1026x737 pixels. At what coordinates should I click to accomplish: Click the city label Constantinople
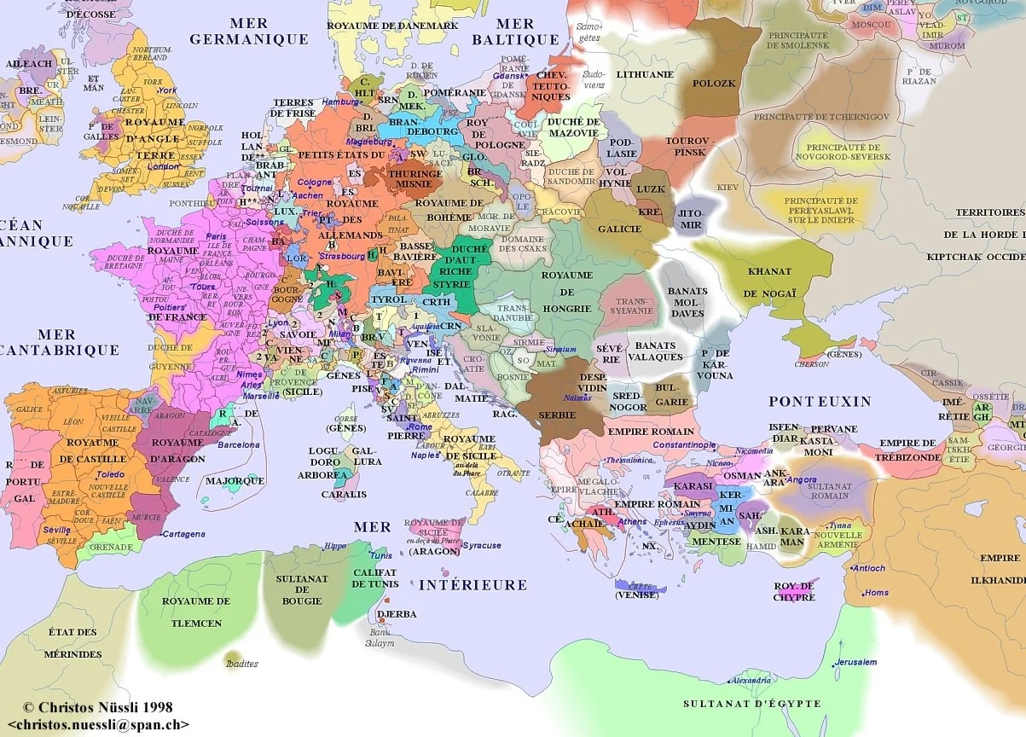tap(685, 445)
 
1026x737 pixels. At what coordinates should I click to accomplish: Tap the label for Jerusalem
tap(856, 662)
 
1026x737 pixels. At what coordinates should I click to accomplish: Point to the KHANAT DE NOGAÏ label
tap(768, 282)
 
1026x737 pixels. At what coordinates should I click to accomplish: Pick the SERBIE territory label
tap(557, 415)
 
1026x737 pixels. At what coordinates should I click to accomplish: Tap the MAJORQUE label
tap(235, 480)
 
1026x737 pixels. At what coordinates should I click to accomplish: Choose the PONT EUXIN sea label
tap(820, 401)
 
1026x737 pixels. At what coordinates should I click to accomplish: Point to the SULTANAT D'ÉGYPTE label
tap(751, 704)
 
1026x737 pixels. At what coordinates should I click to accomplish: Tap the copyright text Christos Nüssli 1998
tap(98, 707)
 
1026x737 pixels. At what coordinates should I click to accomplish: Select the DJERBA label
tap(395, 613)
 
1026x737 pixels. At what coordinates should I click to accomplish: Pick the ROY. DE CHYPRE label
tap(795, 591)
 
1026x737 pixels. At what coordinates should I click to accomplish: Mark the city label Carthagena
tap(183, 534)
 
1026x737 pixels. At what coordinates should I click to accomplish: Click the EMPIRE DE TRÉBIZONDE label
tap(907, 450)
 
